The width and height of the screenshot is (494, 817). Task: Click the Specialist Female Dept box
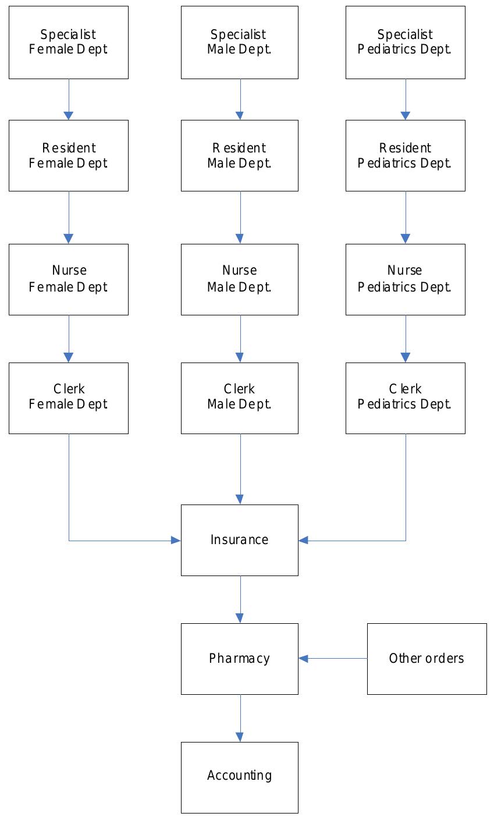pos(68,42)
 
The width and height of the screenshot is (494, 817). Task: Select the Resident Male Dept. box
pos(239,155)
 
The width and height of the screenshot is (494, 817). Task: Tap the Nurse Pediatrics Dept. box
pos(405,279)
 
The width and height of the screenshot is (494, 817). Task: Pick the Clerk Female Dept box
pos(68,398)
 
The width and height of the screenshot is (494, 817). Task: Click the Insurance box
pos(239,540)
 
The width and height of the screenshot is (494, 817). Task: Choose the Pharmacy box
pos(239,659)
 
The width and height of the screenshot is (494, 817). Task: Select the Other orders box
pos(427,659)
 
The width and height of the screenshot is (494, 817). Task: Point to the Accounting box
pos(239,777)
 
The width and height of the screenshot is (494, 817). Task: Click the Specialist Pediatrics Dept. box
pos(405,42)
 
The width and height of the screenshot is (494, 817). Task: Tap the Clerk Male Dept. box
pos(239,398)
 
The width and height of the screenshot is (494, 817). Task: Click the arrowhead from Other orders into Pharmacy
pos(303,659)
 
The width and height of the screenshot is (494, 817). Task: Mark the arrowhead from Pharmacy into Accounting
pos(240,737)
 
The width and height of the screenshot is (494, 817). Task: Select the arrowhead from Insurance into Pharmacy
pos(240,619)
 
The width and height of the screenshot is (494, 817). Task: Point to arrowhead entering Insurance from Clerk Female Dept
pos(176,541)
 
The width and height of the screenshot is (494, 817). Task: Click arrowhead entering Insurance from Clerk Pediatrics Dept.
pos(303,541)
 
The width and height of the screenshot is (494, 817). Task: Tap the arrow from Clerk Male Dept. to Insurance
pos(240,466)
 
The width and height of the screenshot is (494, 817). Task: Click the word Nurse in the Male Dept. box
pos(239,271)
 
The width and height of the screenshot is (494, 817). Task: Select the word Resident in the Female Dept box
pos(69,148)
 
